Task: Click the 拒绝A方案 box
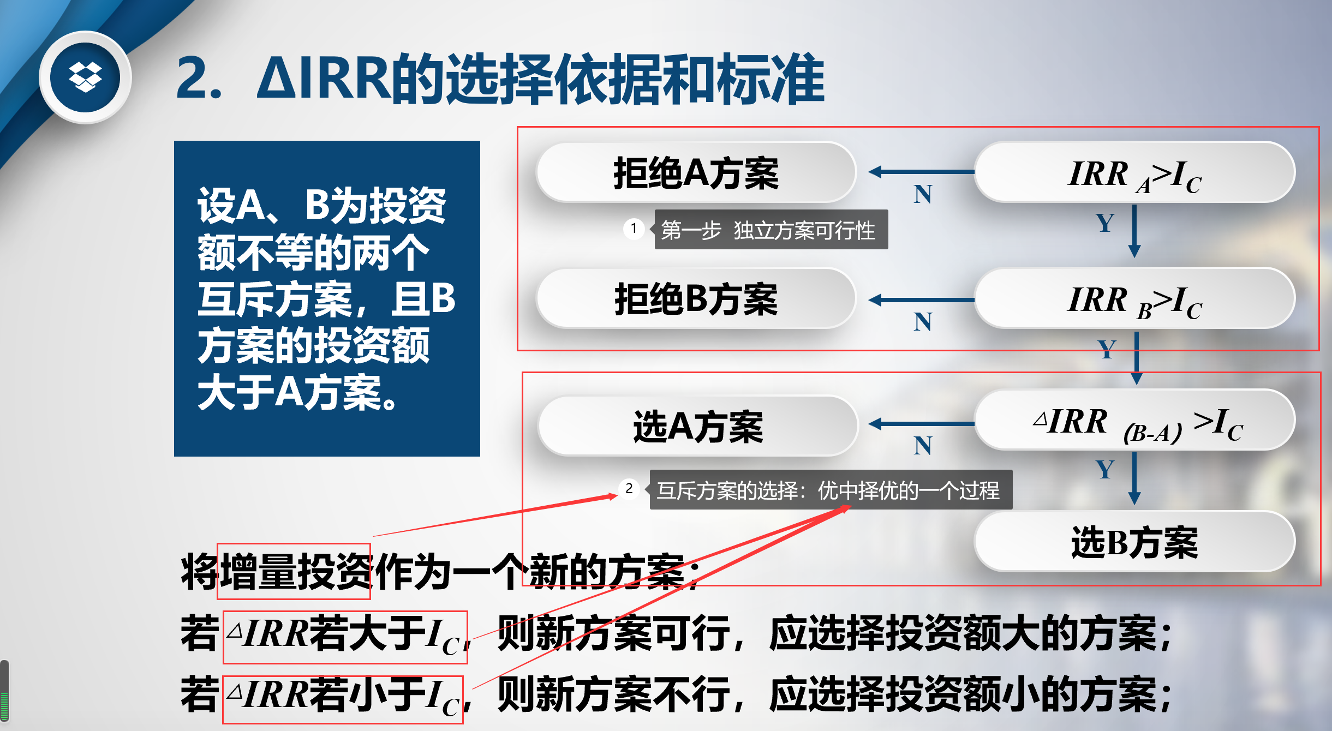point(696,172)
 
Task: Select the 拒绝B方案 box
point(696,298)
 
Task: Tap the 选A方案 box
point(697,426)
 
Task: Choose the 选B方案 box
point(1134,542)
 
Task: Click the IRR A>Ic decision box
point(1134,172)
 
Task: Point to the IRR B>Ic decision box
point(1134,298)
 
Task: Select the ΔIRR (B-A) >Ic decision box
point(1134,420)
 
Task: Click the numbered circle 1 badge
point(634,229)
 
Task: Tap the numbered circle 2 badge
point(629,489)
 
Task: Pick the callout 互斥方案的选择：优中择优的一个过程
point(830,490)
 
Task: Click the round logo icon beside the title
point(85,77)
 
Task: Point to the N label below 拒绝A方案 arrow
point(923,194)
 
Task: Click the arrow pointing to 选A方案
point(922,424)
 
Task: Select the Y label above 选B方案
point(1105,469)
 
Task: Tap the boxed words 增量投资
point(294,571)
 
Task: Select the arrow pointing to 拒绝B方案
point(922,299)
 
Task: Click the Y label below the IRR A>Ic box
point(1105,223)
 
